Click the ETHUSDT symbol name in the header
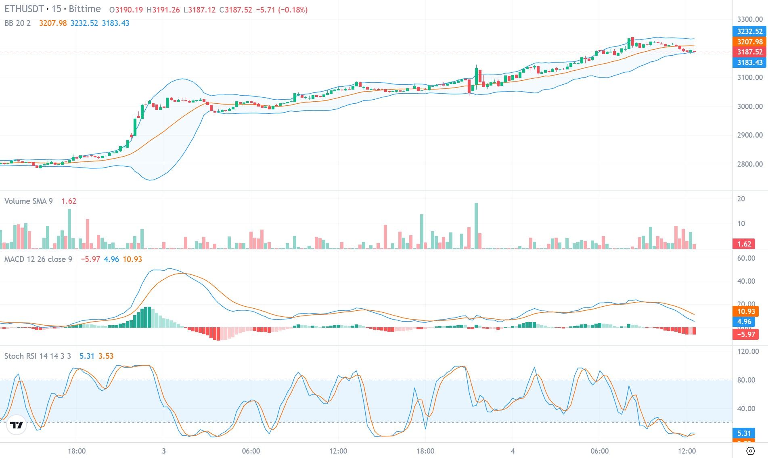[24, 9]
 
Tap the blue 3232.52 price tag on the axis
[749, 31]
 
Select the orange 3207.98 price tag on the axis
[749, 42]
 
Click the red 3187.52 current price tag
[749, 52]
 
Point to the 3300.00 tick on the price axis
[749, 19]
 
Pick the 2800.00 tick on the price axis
[749, 164]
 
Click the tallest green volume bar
[476, 226]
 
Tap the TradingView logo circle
[17, 425]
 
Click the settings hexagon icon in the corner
[751, 451]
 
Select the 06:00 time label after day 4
[599, 451]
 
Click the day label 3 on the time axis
[164, 451]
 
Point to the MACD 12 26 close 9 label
[38, 259]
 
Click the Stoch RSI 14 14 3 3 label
[38, 356]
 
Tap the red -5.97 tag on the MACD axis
[746, 334]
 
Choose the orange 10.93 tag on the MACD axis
[746, 312]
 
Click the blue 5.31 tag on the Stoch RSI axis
[744, 433]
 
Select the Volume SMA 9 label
[28, 201]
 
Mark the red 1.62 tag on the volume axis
[744, 244]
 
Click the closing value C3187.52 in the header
[235, 10]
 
